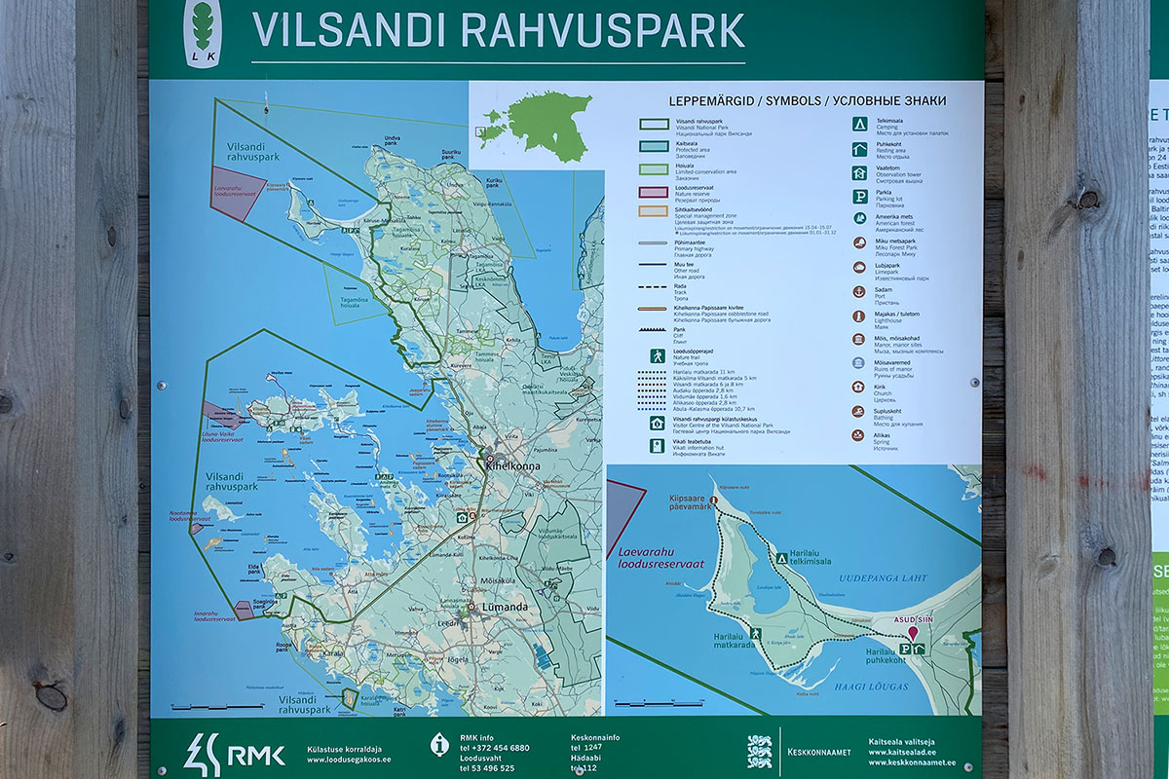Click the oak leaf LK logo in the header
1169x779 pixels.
click(x=203, y=33)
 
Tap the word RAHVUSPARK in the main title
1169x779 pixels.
click(x=602, y=29)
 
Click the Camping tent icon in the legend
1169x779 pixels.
click(x=859, y=124)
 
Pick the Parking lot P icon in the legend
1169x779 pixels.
click(x=859, y=196)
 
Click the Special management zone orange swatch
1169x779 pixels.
click(x=652, y=210)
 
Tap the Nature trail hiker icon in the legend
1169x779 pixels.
click(x=658, y=356)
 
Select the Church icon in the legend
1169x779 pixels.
click(x=859, y=389)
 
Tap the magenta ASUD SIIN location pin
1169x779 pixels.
click(x=913, y=633)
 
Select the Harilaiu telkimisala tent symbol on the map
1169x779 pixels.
click(x=781, y=558)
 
